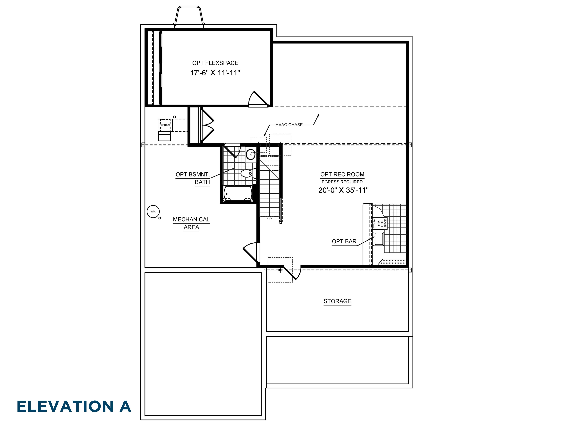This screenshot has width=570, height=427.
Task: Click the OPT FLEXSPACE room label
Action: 215,63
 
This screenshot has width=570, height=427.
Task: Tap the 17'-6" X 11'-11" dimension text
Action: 215,73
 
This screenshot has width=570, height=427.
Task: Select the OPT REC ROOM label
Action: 342,175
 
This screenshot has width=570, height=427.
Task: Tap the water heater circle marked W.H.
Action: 153,212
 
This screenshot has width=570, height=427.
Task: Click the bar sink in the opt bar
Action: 378,239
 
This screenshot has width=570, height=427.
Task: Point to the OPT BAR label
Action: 344,241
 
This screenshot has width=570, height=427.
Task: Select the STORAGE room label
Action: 337,301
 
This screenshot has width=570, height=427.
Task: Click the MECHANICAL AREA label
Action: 191,223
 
